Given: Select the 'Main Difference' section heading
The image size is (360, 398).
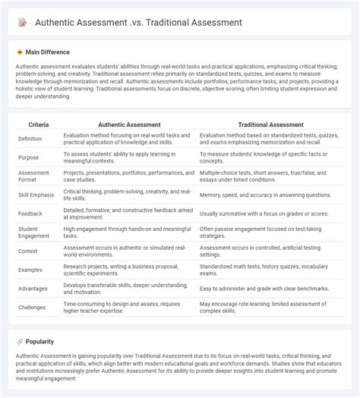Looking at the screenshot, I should (x=47, y=52).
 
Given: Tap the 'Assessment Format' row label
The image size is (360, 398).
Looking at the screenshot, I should (x=35, y=176).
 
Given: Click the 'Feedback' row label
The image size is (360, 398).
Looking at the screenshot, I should (x=31, y=215).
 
